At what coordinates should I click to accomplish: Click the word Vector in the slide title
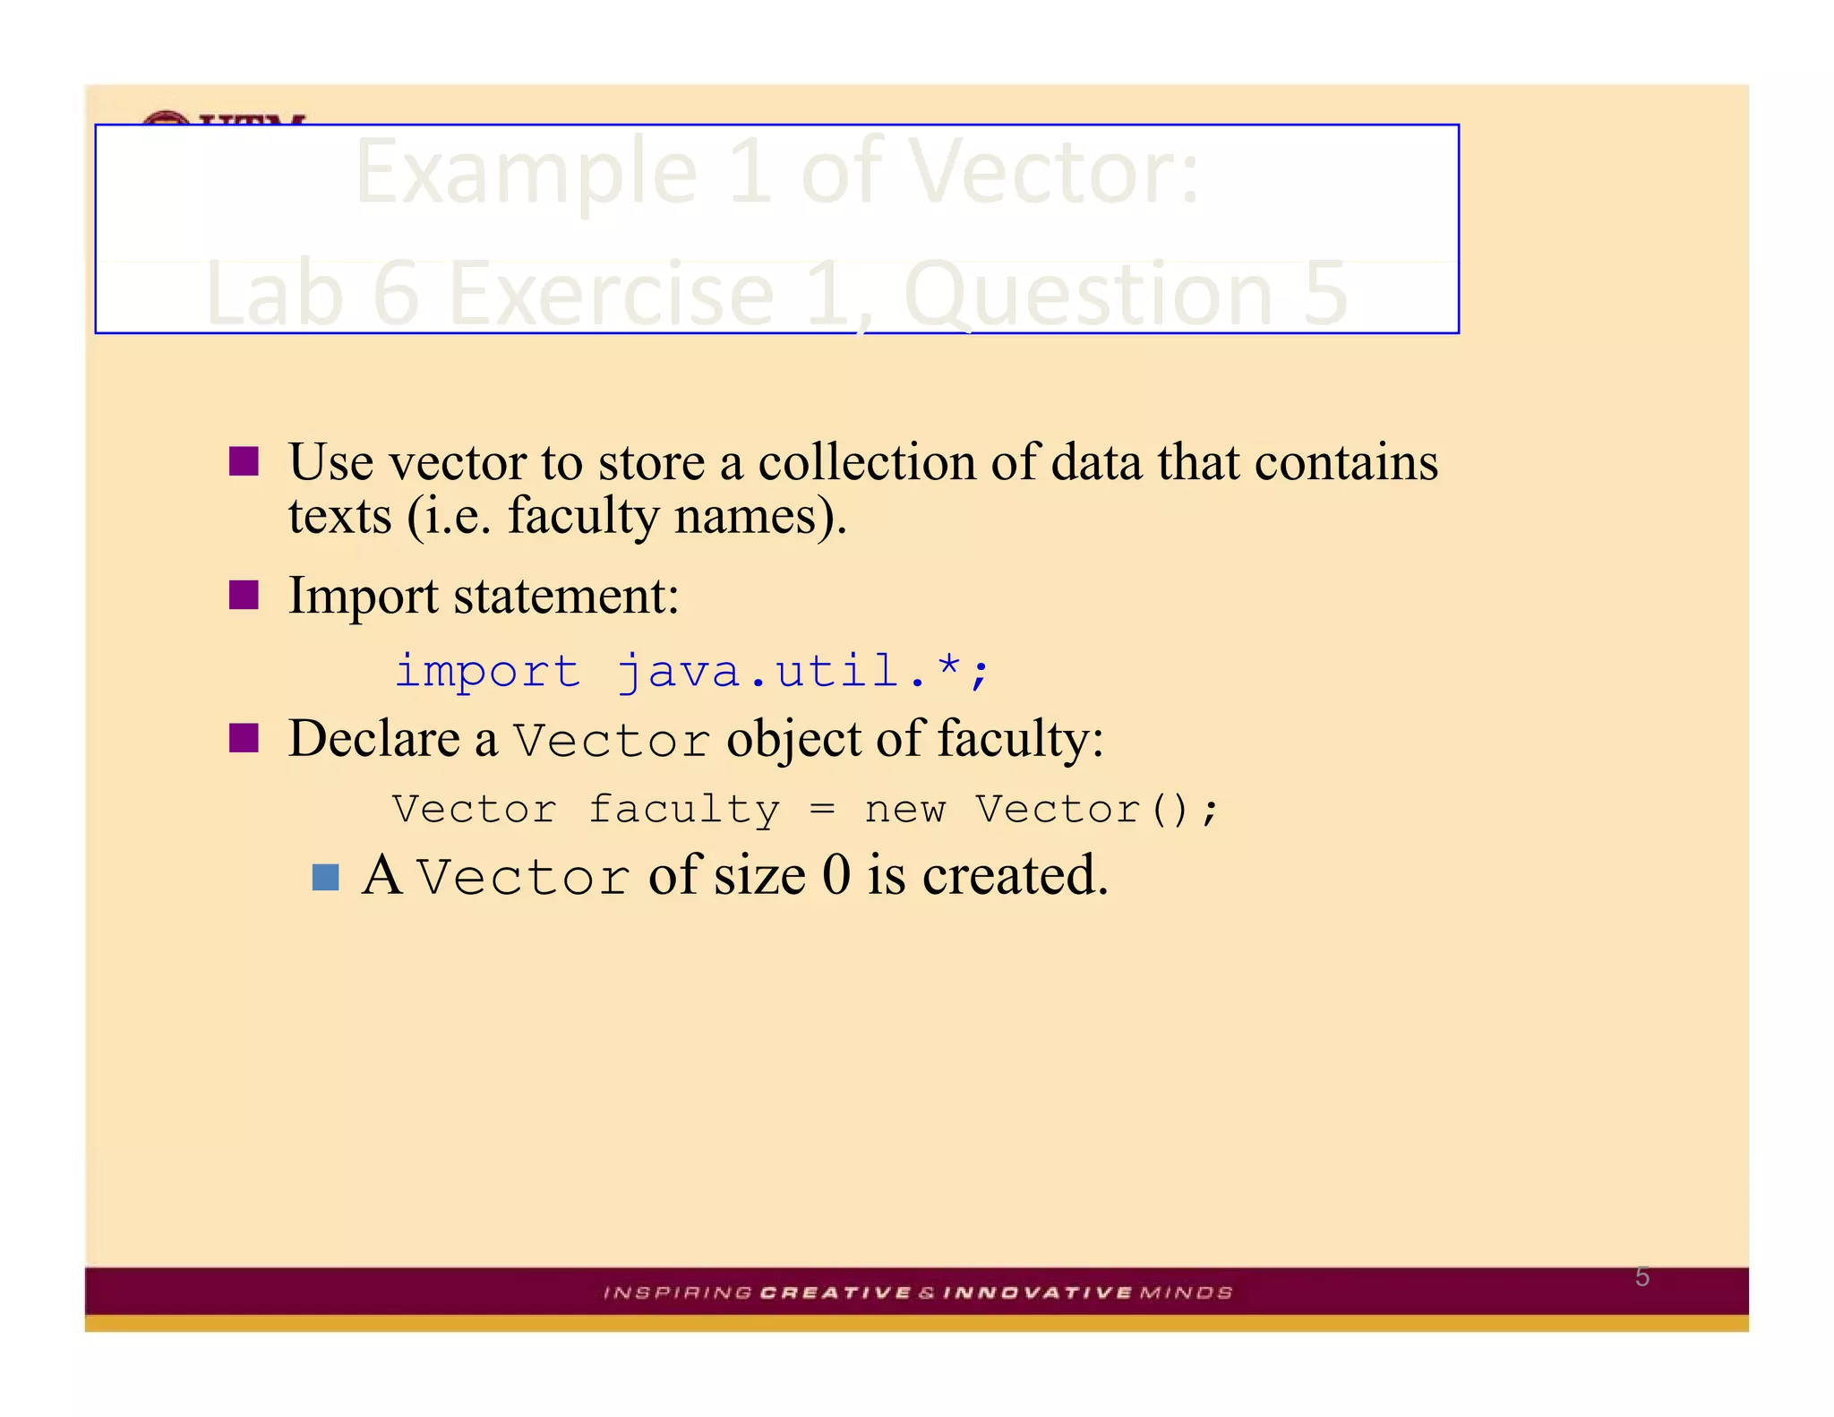[1052, 172]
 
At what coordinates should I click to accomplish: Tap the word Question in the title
[1087, 294]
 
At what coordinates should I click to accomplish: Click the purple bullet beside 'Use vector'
[244, 461]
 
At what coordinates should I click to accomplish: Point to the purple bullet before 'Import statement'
[244, 595]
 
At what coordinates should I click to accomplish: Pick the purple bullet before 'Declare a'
[244, 739]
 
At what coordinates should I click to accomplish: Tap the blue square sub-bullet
[325, 877]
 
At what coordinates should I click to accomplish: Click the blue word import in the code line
[488, 671]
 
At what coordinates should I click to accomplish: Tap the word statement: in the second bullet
[566, 596]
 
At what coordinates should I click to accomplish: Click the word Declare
[374, 740]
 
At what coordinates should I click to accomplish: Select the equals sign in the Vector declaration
[822, 810]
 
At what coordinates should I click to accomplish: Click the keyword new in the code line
[904, 810]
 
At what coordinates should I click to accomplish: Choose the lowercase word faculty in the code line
[684, 811]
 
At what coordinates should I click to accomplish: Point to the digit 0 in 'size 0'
[836, 875]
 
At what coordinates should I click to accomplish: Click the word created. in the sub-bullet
[1016, 875]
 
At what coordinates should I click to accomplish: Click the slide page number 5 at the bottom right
[1642, 1276]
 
